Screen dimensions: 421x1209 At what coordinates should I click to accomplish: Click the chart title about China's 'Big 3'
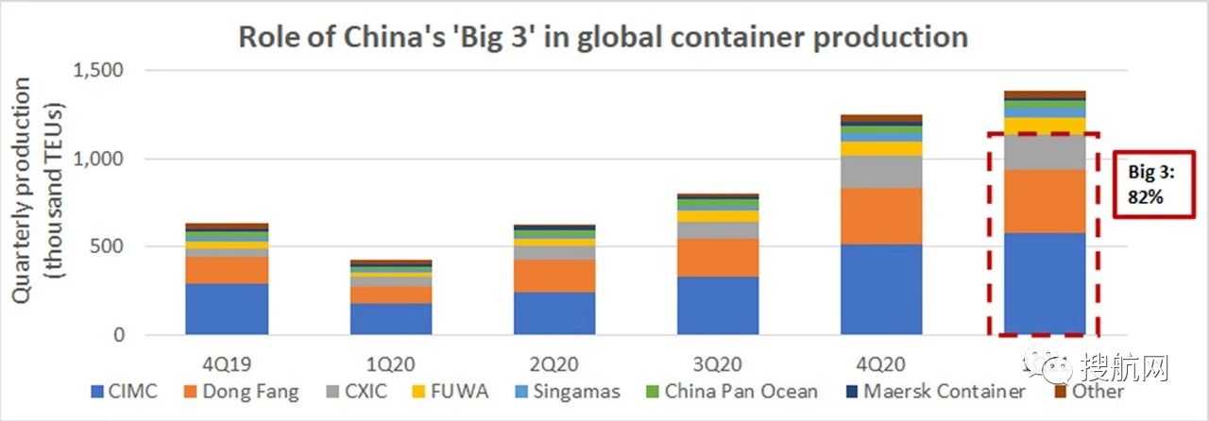(x=604, y=36)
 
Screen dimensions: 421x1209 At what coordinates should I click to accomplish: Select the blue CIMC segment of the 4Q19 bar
(x=227, y=309)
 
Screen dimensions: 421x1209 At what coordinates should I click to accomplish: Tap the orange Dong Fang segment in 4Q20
(x=881, y=215)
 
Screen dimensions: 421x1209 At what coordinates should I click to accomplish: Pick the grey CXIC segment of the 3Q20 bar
(x=718, y=230)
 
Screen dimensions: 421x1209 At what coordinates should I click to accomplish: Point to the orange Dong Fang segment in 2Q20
(x=554, y=276)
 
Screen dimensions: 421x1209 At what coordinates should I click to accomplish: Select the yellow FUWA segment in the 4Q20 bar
(x=881, y=148)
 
